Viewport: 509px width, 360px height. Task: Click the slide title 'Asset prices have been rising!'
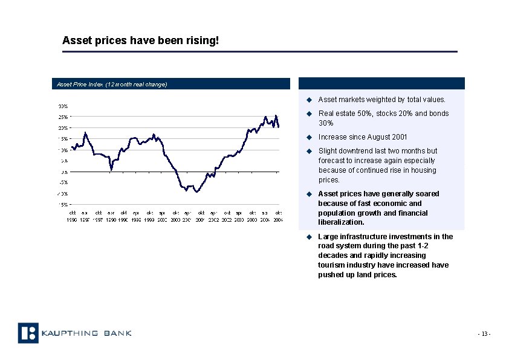pos(140,40)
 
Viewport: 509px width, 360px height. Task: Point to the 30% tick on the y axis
pos(63,106)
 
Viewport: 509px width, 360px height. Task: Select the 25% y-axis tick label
pos(63,117)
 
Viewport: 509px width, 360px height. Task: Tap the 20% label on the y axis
pos(63,128)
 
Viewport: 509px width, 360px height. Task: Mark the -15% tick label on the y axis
pos(63,204)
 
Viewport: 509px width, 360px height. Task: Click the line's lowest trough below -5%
pos(196,191)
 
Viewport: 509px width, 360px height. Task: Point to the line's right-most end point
pos(279,127)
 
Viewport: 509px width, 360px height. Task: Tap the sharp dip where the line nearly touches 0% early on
pos(111,170)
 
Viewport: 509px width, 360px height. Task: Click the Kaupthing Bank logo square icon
pos(28,333)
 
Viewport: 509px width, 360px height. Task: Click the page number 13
pos(484,334)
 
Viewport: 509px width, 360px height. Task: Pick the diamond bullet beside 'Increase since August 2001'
pos(308,137)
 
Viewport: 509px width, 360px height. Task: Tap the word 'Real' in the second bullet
pos(325,114)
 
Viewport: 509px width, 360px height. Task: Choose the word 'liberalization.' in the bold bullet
pos(341,222)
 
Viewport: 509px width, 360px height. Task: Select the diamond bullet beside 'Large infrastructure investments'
pos(308,237)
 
